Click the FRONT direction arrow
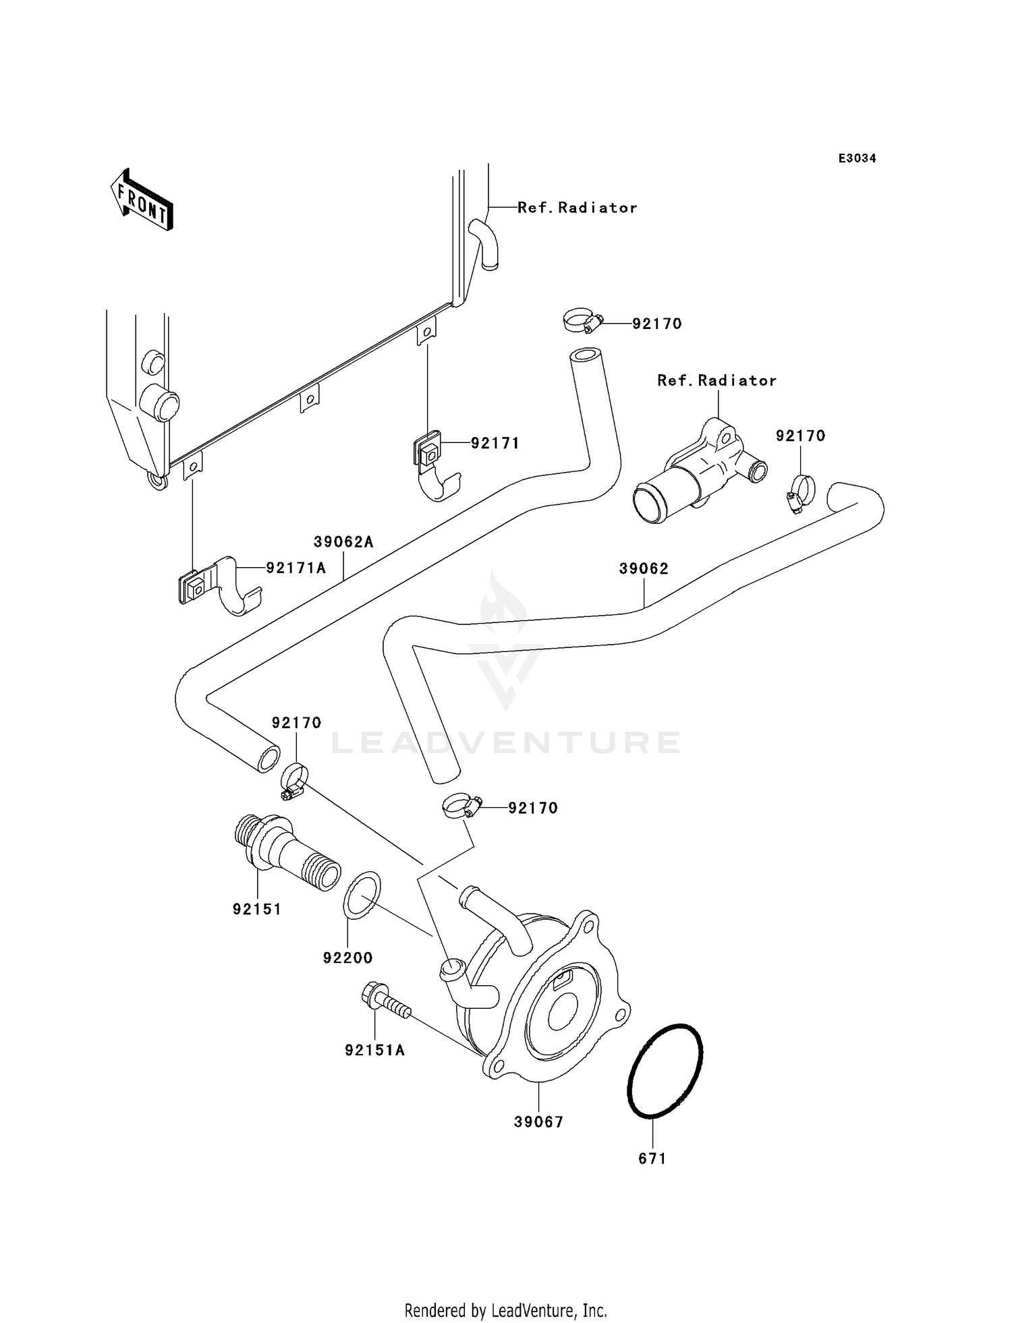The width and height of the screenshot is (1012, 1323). coord(142,200)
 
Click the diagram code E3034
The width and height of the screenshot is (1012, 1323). coord(857,158)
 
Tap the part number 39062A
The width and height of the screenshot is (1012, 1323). coord(343,541)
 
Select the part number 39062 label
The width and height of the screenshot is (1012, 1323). coord(644,568)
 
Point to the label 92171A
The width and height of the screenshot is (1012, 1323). coord(296,568)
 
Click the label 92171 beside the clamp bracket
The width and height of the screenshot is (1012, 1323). coord(495,443)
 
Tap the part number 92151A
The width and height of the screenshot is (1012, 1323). coord(374,1050)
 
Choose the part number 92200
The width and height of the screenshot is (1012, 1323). coord(347,958)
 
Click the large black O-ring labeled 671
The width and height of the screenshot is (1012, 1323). coord(665,1073)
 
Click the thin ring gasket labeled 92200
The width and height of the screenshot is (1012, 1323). coord(362,895)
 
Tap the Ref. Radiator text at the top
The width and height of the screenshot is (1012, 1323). coord(577,208)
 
